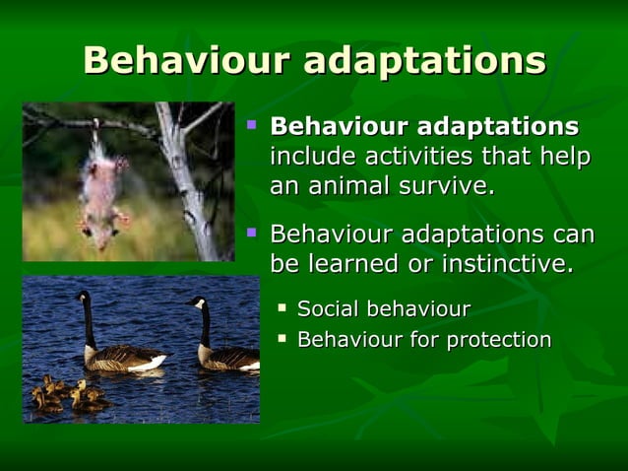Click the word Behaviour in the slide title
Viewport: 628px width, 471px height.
coord(186,60)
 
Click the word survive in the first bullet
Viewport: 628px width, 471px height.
coord(446,185)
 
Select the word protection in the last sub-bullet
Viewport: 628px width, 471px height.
coord(499,340)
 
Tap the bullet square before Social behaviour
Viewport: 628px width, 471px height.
coord(283,308)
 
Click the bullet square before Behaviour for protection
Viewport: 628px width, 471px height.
coord(283,338)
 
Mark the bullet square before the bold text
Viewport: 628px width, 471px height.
coord(252,126)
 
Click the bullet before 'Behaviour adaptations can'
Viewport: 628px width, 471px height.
coord(252,233)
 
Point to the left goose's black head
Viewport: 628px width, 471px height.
coord(83,297)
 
